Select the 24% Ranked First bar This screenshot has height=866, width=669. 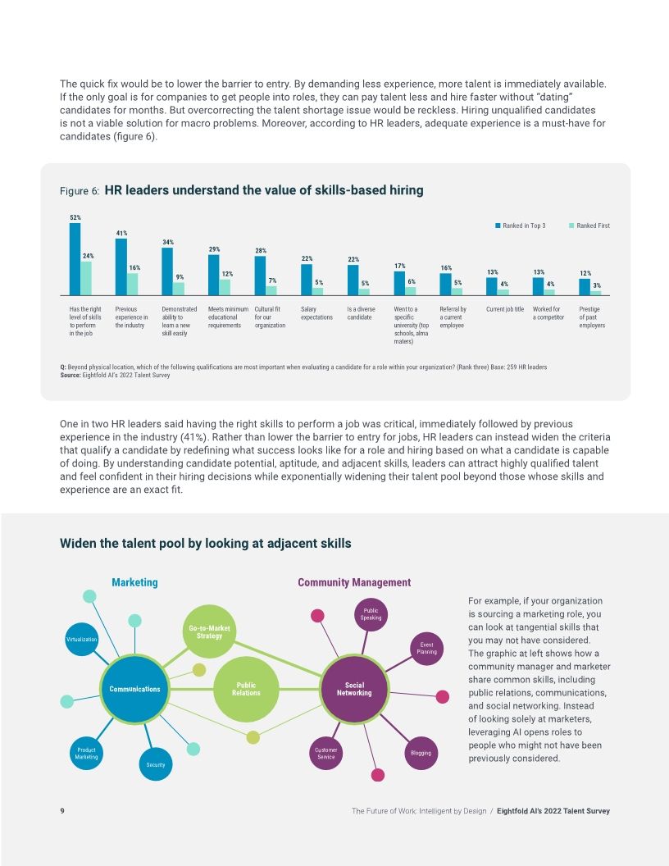coord(86,278)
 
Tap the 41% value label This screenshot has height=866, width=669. coord(121,233)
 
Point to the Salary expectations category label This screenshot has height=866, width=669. coord(316,313)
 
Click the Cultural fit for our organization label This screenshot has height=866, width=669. coord(270,317)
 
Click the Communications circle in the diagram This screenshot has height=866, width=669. coord(134,689)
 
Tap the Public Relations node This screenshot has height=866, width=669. coord(246,689)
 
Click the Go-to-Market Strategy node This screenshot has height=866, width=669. coord(210,632)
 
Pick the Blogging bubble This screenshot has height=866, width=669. coord(421,752)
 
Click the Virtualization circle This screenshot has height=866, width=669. coord(81,639)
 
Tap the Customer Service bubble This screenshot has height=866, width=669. coord(325,753)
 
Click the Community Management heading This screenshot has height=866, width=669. coord(354,582)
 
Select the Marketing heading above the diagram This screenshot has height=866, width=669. coord(134,582)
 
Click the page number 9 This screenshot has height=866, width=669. coord(62,811)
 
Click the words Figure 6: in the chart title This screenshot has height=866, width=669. coord(80,191)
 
